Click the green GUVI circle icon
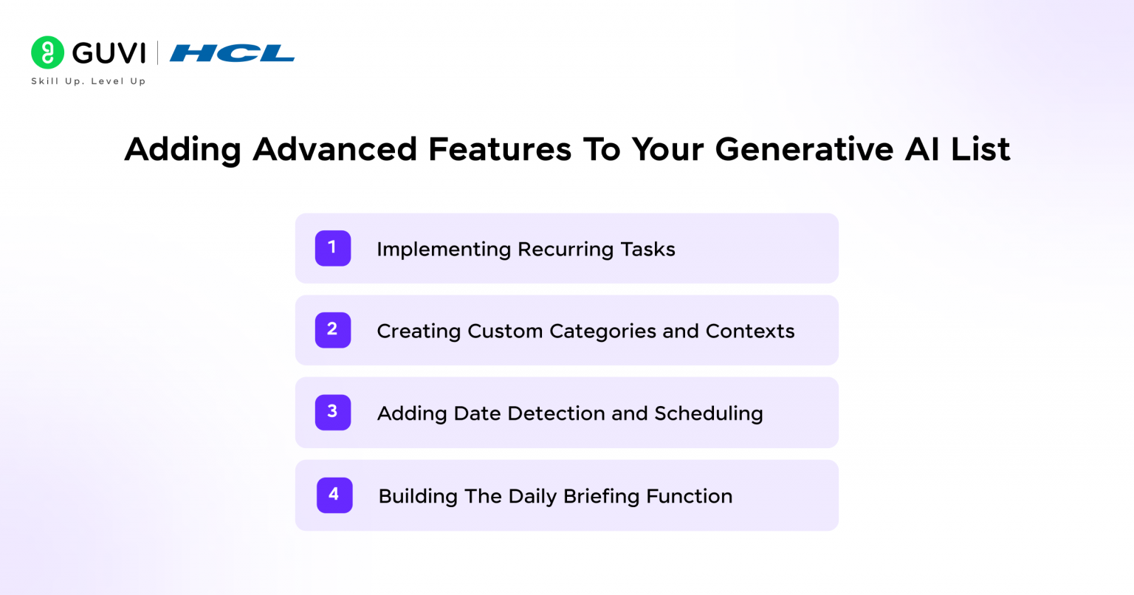click(47, 52)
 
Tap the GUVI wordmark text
click(109, 53)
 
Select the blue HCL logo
click(232, 53)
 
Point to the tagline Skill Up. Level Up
click(89, 81)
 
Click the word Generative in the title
click(804, 149)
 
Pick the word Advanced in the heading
click(334, 149)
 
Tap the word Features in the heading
click(500, 149)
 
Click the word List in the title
click(980, 149)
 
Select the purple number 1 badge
click(333, 248)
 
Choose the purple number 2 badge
click(333, 330)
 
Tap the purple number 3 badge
click(333, 412)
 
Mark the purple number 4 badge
click(334, 495)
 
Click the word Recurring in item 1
click(565, 250)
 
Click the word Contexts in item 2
click(750, 331)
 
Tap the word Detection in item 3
click(556, 413)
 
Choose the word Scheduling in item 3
click(709, 414)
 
